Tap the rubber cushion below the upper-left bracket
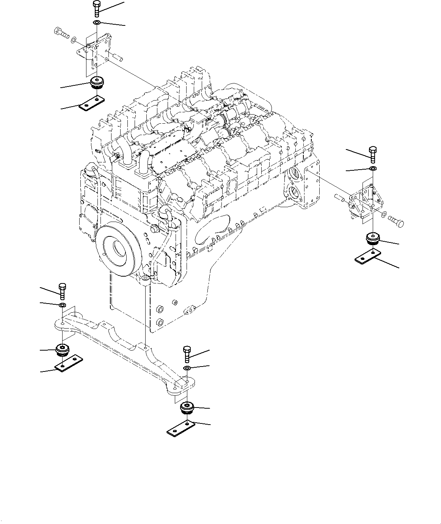pos(97,82)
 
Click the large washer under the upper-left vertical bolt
pos(97,24)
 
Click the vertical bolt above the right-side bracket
pos(372,153)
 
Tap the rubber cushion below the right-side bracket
pos(373,239)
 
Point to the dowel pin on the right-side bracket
pos(339,197)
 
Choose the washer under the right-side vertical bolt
pos(373,168)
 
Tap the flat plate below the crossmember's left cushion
pos(69,363)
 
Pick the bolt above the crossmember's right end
pos(187,354)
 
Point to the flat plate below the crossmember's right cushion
pos(181,428)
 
